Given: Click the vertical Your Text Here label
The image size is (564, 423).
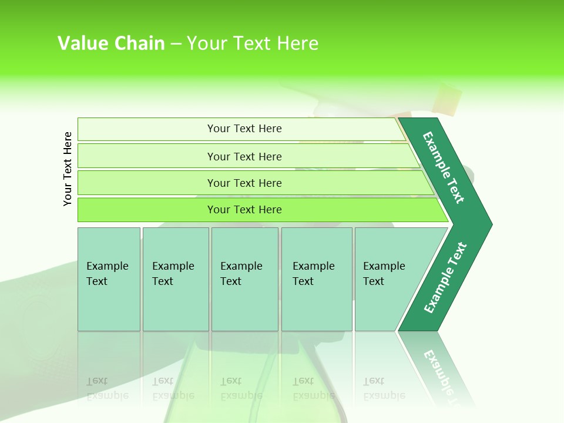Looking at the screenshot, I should point(68,169).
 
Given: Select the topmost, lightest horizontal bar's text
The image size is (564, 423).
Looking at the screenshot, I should point(244,129).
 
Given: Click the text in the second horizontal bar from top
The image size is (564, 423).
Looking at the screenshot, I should point(244,157).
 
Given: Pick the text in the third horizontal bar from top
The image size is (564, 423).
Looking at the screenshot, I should point(244,183).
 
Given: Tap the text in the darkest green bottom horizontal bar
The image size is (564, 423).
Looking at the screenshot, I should point(244,210).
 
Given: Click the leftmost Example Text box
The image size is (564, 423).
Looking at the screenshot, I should point(108,274).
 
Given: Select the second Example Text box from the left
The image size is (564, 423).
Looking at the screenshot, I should point(174,274).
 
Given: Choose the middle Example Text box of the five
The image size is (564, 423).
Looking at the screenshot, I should point(242,274).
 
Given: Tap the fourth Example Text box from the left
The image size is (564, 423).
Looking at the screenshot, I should point(314,274).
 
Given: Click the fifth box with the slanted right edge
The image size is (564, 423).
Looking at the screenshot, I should point(385,274).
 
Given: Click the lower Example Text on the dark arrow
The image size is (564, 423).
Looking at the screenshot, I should point(445,278).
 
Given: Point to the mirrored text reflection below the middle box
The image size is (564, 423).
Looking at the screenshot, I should point(241,388).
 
